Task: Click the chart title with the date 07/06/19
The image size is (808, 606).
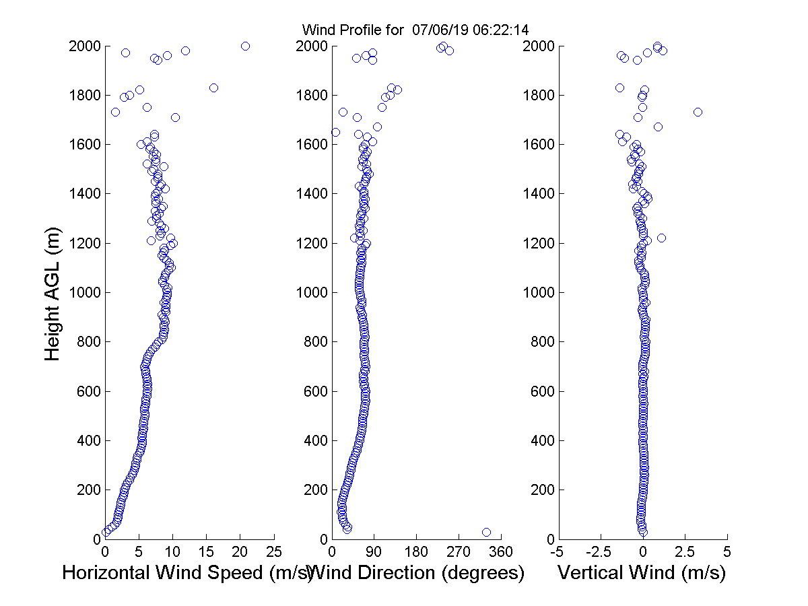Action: [415, 30]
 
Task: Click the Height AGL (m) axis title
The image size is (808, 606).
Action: [53, 293]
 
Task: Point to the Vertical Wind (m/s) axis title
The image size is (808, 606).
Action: [642, 573]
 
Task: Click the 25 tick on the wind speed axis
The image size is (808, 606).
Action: [274, 552]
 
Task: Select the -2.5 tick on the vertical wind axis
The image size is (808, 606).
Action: [601, 552]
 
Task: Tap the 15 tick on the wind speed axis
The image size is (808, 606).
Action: [207, 552]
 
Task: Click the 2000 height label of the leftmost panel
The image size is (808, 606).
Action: [84, 46]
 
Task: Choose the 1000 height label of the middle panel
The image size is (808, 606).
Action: [310, 293]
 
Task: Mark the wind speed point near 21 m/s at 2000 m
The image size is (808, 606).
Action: [245, 46]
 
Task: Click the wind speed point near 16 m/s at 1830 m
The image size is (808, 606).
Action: [213, 88]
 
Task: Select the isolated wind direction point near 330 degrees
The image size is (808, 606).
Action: [486, 532]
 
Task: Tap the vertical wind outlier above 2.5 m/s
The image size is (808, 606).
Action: [698, 112]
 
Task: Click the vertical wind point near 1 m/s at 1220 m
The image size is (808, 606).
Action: [661, 238]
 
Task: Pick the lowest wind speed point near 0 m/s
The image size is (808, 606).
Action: [106, 532]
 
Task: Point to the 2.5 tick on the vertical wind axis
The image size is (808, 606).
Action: [685, 552]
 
